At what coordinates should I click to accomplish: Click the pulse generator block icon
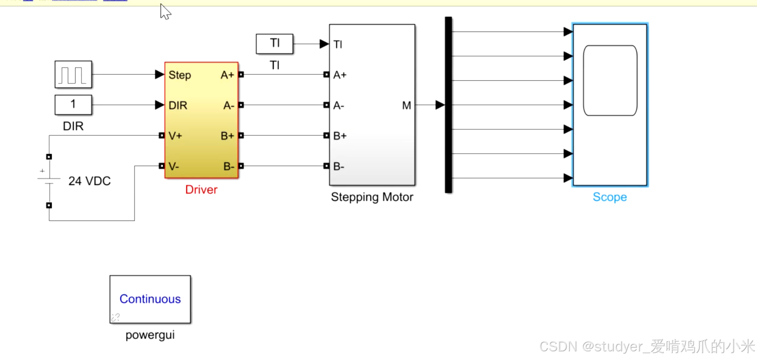tap(73, 74)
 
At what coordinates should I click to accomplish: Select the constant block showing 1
tap(73, 105)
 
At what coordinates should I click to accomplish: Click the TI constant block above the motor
tap(275, 44)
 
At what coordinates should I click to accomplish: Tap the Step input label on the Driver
tap(179, 75)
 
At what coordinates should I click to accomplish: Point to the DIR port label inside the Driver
tap(178, 106)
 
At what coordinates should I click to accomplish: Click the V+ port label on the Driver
tap(175, 136)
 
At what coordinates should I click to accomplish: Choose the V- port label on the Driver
tap(174, 166)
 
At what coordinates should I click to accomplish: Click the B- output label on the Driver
tap(229, 167)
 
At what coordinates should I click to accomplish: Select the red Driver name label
tap(201, 190)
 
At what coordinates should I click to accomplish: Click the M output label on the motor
tap(406, 106)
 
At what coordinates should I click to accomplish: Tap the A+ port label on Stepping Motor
tap(340, 75)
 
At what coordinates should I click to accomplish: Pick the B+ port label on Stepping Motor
tap(340, 136)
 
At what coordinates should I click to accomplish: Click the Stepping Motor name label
tap(372, 197)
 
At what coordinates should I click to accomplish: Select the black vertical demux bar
tap(448, 105)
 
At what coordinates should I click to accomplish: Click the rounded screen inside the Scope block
tap(610, 81)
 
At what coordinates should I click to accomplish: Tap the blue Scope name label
tap(609, 197)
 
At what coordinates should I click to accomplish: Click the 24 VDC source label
tap(89, 181)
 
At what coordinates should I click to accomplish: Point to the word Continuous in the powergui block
tap(150, 299)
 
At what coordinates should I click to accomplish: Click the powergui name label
tap(150, 335)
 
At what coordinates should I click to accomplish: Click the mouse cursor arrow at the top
tap(165, 11)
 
